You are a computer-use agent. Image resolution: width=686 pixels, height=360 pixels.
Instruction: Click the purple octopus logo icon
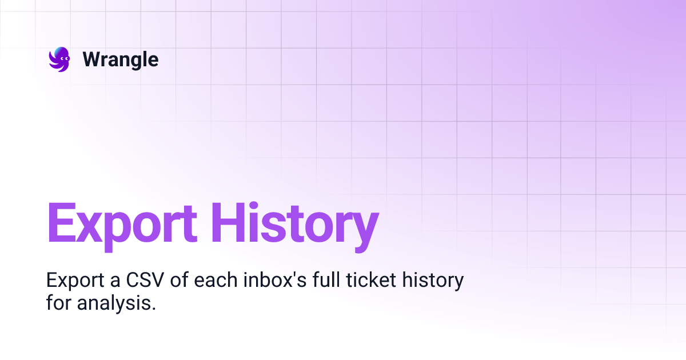(59, 59)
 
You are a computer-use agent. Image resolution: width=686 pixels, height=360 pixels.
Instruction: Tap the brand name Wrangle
(121, 59)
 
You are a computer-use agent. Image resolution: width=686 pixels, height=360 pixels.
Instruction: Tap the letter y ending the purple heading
(364, 229)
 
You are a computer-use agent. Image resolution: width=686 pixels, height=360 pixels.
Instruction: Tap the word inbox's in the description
(271, 281)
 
